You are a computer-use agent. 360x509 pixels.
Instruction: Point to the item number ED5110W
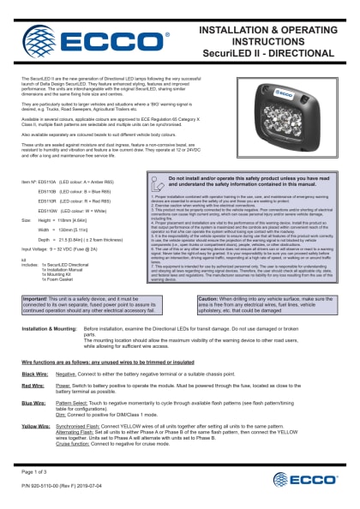pyautogui.click(x=47, y=210)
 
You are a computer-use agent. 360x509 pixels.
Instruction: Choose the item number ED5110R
pyautogui.click(x=47, y=201)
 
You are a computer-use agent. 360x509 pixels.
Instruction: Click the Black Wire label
pyautogui.click(x=34, y=373)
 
